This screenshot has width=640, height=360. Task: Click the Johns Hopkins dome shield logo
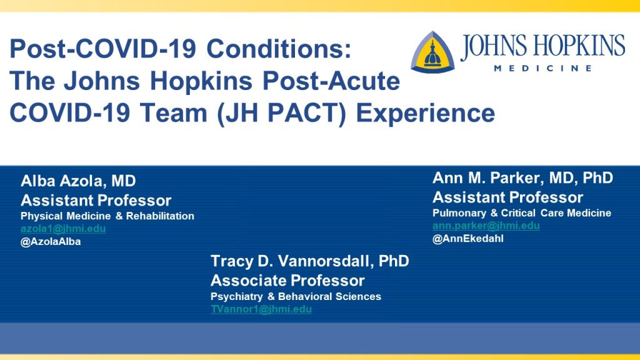click(432, 52)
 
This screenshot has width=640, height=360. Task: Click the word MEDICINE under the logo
click(543, 68)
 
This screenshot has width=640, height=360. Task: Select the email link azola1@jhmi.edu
click(63, 229)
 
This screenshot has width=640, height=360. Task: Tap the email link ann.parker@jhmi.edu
click(486, 226)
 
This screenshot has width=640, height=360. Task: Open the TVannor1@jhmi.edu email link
click(261, 309)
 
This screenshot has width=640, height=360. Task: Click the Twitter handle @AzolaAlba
click(51, 242)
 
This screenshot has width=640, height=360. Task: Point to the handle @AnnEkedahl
click(468, 238)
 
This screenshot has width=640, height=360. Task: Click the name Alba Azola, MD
click(78, 181)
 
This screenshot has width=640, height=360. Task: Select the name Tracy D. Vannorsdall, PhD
click(310, 261)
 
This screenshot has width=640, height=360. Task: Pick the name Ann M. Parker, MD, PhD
click(523, 178)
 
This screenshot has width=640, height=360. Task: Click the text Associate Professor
click(287, 281)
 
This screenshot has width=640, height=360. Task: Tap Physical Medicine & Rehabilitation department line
click(107, 216)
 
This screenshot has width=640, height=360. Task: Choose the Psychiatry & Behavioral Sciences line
click(296, 296)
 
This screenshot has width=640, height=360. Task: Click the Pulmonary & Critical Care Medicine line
click(522, 213)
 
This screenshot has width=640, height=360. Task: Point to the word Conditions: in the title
click(279, 49)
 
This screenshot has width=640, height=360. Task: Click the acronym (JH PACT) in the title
click(282, 113)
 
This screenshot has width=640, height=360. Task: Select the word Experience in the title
click(426, 113)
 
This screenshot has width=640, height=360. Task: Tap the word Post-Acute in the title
click(331, 81)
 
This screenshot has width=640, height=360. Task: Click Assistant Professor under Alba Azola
click(96, 201)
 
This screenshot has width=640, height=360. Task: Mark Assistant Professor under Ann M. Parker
click(507, 197)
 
